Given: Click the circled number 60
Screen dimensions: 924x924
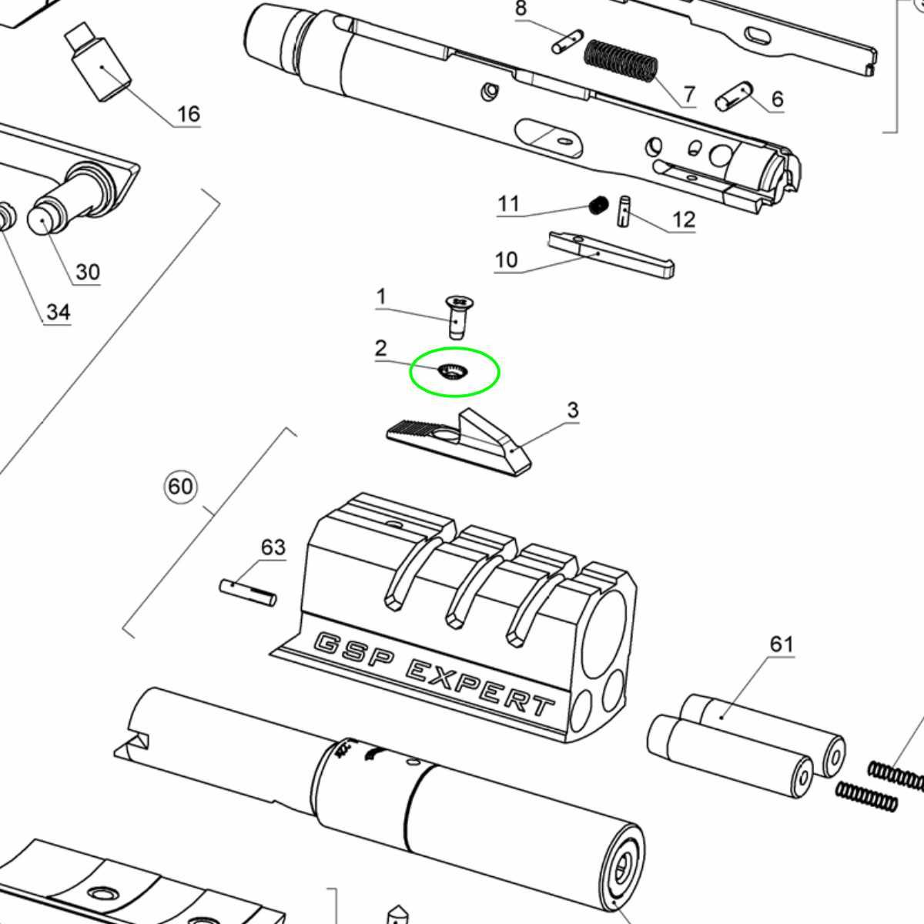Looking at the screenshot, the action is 181,487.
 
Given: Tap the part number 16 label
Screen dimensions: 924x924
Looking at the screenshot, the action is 189,114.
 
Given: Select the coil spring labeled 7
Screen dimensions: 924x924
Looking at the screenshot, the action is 621,61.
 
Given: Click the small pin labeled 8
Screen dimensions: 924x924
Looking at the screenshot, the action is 567,42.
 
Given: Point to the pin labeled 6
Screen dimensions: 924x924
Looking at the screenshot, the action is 734,96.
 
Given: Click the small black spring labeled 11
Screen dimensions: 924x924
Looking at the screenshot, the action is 599,206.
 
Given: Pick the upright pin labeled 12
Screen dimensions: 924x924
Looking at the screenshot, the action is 624,212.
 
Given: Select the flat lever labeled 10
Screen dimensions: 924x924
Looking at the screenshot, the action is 611,254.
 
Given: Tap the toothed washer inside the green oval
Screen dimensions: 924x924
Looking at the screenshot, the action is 454,372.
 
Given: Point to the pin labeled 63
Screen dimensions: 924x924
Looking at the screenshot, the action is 248,593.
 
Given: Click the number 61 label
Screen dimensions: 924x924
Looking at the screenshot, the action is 782,644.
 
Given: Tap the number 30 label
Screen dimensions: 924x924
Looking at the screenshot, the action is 88,272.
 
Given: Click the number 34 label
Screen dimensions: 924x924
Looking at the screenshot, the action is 59,312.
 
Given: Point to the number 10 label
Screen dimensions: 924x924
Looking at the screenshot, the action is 506,260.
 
